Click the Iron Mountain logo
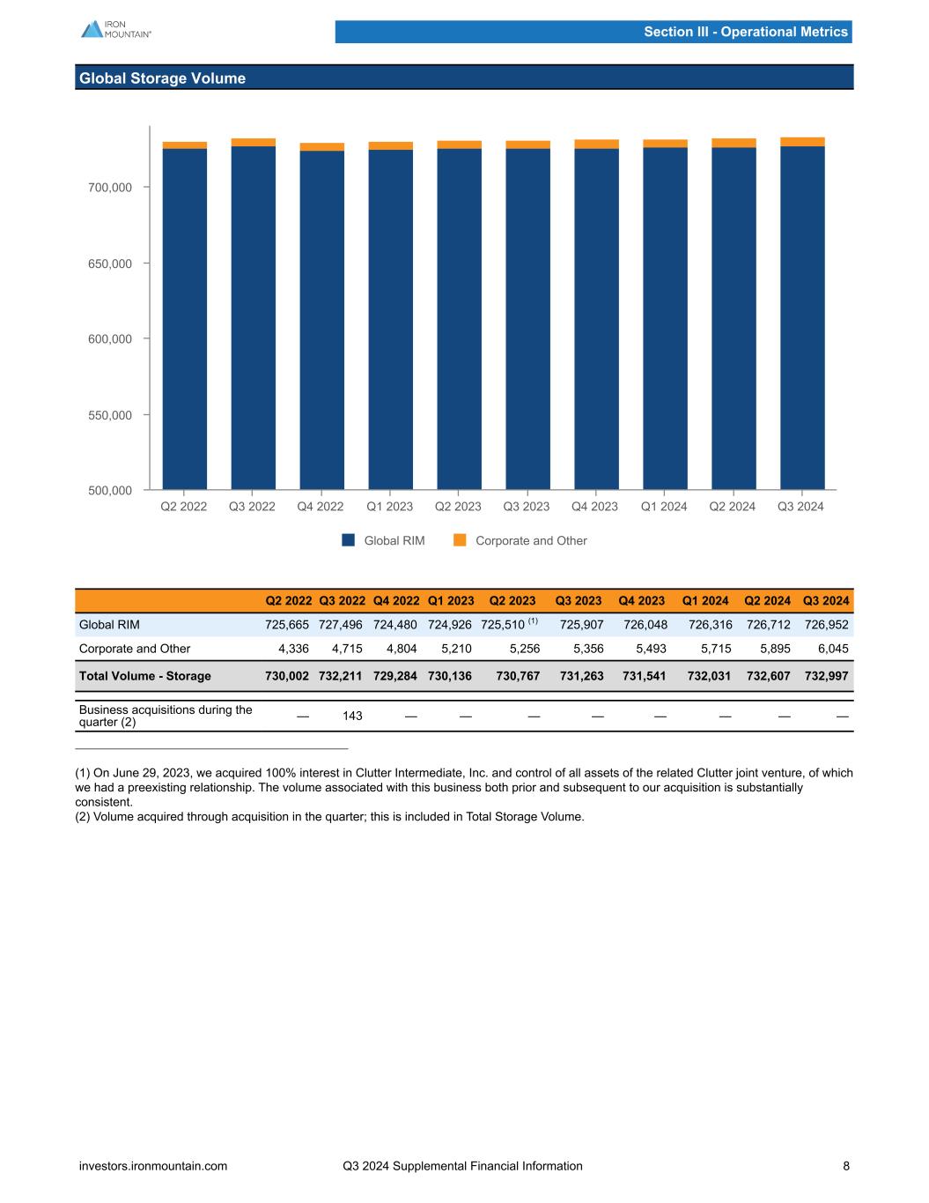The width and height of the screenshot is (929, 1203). (115, 29)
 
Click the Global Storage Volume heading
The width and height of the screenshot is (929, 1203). (162, 78)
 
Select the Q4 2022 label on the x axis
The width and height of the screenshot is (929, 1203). (320, 507)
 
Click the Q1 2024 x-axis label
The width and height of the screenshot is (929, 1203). (664, 507)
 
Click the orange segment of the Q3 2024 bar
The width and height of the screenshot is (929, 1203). (802, 142)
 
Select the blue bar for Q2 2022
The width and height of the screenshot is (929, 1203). (185, 317)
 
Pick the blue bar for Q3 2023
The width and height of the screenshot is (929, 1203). (527, 317)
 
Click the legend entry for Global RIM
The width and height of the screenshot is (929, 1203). (384, 540)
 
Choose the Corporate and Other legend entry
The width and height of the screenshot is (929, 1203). (520, 540)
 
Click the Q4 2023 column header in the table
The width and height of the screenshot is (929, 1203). (641, 601)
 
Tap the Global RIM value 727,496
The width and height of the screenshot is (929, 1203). (341, 625)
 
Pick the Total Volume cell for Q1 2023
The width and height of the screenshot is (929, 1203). (450, 676)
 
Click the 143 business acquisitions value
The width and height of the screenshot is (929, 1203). (352, 716)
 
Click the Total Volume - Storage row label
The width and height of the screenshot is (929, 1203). (145, 676)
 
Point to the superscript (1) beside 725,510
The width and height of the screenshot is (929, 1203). (533, 621)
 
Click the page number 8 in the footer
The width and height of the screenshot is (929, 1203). (846, 1166)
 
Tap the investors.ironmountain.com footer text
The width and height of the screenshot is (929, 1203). (153, 1166)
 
